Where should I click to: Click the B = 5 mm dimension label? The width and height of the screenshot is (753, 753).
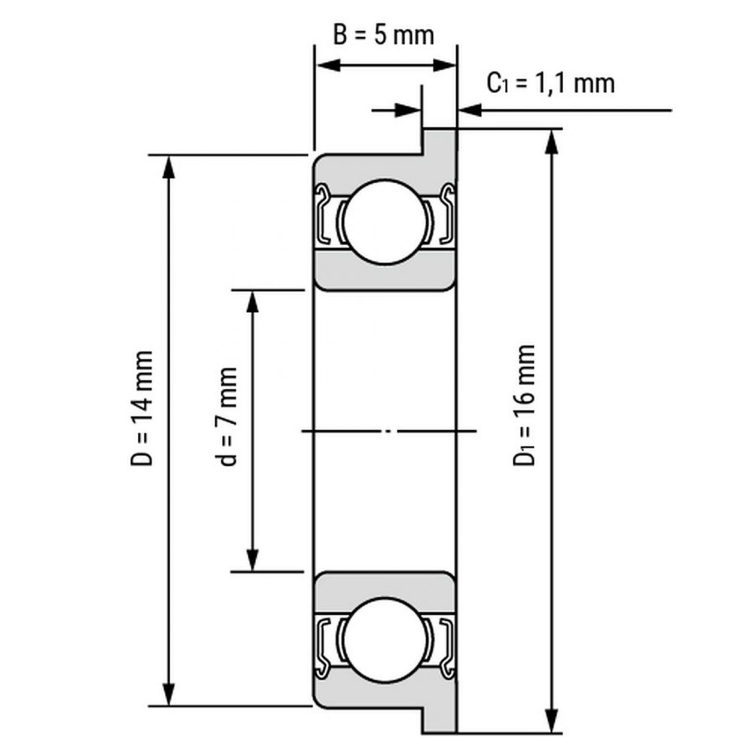pyautogui.click(x=384, y=35)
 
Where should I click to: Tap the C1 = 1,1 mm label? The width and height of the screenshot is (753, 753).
pyautogui.click(x=551, y=83)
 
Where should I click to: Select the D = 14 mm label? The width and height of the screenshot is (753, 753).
pyautogui.click(x=143, y=407)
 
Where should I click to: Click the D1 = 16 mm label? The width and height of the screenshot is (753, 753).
pyautogui.click(x=524, y=404)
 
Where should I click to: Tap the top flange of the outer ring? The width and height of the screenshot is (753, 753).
pyautogui.click(x=439, y=142)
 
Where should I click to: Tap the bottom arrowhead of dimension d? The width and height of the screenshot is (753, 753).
pyautogui.click(x=252, y=559)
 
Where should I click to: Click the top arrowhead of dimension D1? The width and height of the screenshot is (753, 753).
pyautogui.click(x=552, y=142)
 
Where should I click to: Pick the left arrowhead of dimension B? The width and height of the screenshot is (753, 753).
pyautogui.click(x=328, y=65)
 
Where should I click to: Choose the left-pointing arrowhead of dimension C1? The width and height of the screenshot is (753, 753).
pyautogui.click(x=470, y=110)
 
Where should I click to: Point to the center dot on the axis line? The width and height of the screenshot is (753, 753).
pyautogui.click(x=388, y=431)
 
